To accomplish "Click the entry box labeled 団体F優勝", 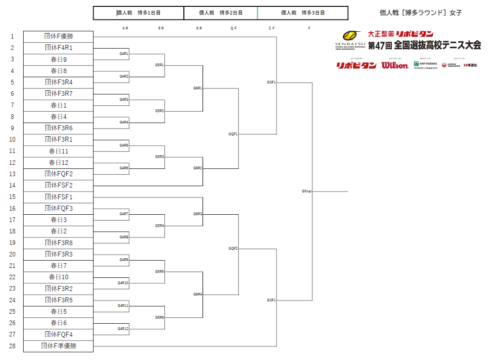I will (58, 36).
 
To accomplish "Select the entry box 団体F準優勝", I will (58, 346).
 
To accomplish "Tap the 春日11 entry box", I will (58, 151).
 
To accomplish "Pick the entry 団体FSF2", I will (58, 185).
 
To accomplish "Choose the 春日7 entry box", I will (58, 266).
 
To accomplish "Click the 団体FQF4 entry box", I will (58, 335).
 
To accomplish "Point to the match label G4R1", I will (124, 54).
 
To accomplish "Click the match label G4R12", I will (123, 329).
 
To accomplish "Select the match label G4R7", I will (124, 214).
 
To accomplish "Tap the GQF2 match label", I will (233, 249).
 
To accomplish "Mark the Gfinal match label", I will (307, 192).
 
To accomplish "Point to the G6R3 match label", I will (198, 214).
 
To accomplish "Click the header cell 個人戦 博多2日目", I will (221, 13).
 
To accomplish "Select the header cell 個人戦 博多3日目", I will (303, 13).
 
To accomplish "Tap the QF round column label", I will (233, 28).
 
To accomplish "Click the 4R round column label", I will (125, 28).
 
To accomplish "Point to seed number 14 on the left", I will (12, 185).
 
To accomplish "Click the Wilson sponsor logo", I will (395, 65).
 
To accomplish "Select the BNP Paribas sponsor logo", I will (425, 64).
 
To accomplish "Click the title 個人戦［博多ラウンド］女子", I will (421, 13).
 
